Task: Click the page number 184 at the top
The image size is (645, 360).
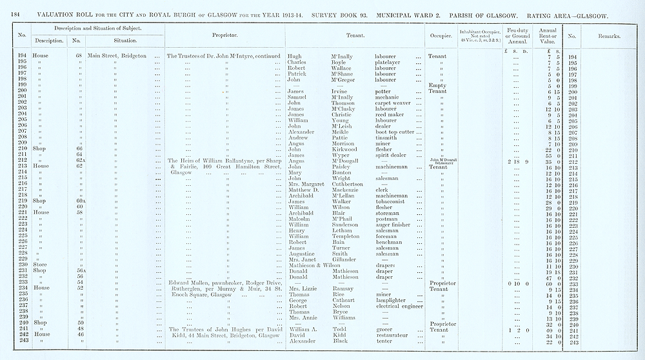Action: click(14, 14)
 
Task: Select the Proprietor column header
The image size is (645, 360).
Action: click(221, 35)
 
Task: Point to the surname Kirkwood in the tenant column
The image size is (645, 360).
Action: click(346, 149)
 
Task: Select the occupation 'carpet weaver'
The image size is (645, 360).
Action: click(393, 103)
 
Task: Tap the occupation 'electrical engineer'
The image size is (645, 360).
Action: click(399, 306)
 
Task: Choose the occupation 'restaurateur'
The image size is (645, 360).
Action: click(395, 335)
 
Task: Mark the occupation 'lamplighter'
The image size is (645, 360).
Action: click(392, 301)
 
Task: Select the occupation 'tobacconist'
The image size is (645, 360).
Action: click(391, 201)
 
